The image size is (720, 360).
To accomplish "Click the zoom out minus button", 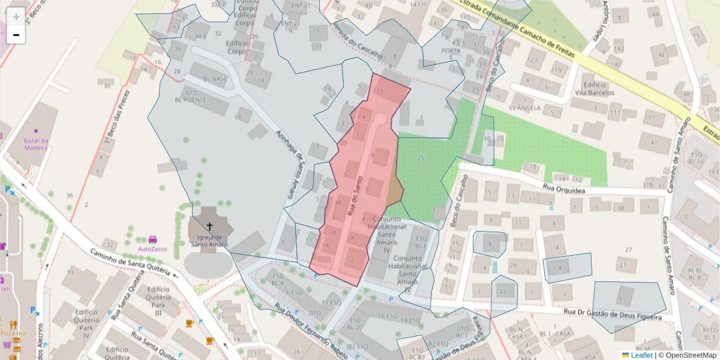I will coord(16,35).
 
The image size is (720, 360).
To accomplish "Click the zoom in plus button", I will coord(16,17).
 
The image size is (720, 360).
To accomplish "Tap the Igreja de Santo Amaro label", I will coord(209,241).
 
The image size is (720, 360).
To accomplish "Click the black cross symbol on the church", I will coord(209,226).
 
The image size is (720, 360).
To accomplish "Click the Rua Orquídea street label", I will coord(564,188).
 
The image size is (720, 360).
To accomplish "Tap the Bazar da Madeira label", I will coord(35,145).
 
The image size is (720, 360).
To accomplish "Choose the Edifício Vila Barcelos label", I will coord(594,89).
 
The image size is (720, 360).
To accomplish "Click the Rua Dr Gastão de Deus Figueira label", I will coord(612,312).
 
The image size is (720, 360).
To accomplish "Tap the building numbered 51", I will coord(622,298).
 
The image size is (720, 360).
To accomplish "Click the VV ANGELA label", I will coord(524,108).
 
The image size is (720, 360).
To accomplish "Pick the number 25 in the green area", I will coord(421,158).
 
